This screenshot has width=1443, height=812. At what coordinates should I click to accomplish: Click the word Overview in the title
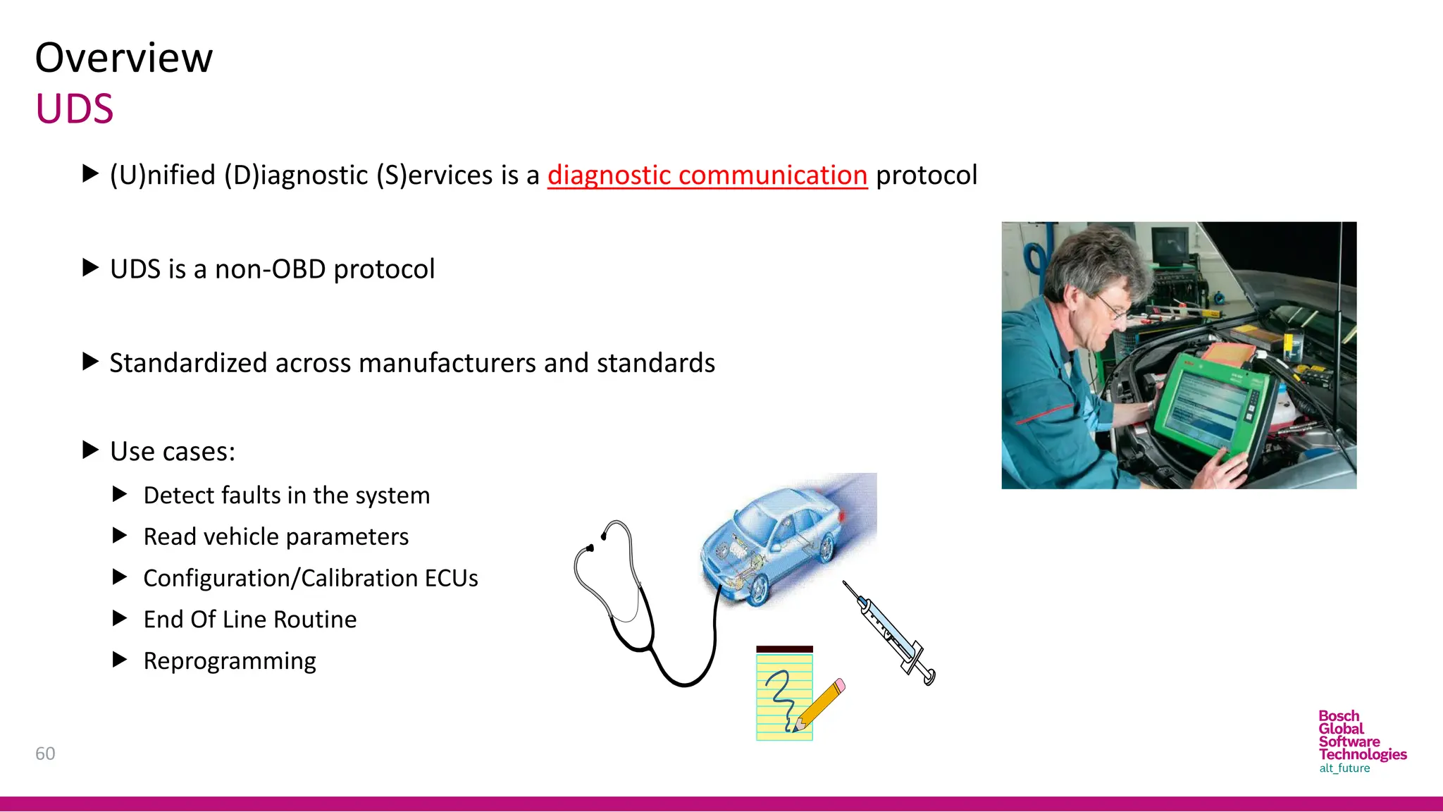tap(123, 58)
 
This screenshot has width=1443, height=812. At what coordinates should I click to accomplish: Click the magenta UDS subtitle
tap(75, 109)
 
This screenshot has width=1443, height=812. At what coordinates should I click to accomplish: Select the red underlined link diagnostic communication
tap(707, 175)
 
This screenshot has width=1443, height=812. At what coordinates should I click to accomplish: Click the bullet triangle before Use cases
tap(90, 450)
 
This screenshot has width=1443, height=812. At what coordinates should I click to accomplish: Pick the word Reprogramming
tap(230, 661)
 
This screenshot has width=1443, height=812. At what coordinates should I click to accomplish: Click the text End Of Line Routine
tap(250, 620)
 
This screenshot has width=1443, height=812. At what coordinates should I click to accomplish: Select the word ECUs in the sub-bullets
tap(451, 579)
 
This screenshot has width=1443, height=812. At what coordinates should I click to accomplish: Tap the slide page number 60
tap(45, 753)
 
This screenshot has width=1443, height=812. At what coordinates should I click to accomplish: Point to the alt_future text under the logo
tap(1344, 768)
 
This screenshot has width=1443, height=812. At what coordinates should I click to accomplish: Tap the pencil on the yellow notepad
tap(820, 705)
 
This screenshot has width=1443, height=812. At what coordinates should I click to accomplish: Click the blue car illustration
tap(775, 543)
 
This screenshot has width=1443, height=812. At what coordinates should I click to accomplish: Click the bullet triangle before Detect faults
tap(120, 495)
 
